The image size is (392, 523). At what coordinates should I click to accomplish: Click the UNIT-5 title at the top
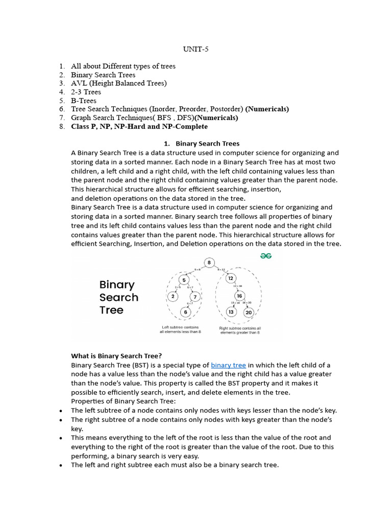click(x=196, y=50)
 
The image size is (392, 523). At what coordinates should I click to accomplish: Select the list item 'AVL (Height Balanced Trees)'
click(x=118, y=83)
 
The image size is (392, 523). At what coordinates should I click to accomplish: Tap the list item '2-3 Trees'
click(x=86, y=92)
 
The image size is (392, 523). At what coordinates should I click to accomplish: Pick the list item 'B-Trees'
click(x=84, y=101)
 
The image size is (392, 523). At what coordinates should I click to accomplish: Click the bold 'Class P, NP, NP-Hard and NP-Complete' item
click(x=139, y=126)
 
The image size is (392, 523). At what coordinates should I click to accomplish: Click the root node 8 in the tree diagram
click(x=209, y=263)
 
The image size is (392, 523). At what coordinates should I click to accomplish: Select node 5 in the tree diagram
click(x=185, y=279)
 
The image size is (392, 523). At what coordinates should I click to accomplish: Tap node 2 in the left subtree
click(x=173, y=296)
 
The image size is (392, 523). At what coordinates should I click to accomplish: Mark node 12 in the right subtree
click(x=231, y=278)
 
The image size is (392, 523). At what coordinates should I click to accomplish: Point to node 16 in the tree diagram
click(x=238, y=296)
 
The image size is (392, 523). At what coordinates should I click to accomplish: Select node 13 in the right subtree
click(x=231, y=312)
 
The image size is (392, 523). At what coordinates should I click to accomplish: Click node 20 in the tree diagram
click(x=248, y=312)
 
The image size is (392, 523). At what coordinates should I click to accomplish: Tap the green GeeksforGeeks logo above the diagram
click(x=265, y=255)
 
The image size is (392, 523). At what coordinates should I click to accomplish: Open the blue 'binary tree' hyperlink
click(x=228, y=365)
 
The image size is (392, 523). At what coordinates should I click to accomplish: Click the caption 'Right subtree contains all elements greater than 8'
click(x=239, y=330)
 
